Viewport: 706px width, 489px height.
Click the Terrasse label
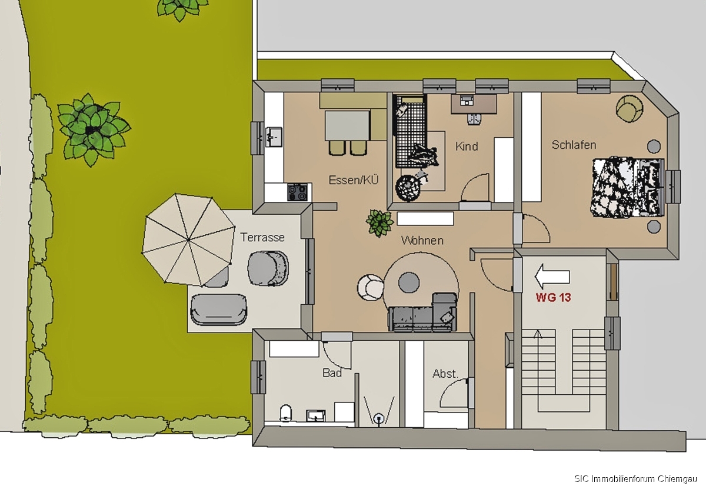point(262,237)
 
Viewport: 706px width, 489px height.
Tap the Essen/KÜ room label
point(354,179)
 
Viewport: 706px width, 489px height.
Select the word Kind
point(467,147)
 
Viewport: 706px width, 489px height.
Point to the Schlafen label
point(574,145)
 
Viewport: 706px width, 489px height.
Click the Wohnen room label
point(422,240)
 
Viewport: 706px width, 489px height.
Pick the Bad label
point(332,373)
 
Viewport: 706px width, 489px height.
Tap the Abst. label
point(445,374)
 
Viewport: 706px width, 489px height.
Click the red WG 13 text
point(553,297)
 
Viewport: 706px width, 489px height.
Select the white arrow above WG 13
point(552,277)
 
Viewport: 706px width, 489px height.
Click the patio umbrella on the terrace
point(188,240)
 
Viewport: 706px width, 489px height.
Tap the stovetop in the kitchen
point(297,192)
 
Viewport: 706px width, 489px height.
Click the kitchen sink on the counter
point(274,137)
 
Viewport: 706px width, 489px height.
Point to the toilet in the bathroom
point(285,413)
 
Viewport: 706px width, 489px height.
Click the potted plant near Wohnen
point(379,223)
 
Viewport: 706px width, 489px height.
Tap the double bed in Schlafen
point(627,188)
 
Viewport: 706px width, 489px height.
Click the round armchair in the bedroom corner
point(629,108)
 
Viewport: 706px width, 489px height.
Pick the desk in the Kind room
point(474,104)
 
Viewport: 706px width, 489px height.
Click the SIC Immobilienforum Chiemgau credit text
point(635,478)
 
